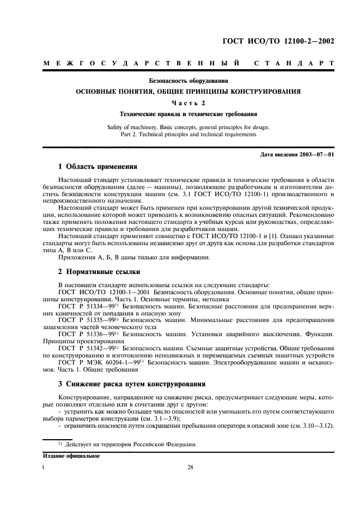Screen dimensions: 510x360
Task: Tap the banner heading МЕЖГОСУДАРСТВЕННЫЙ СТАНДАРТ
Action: coord(188,64)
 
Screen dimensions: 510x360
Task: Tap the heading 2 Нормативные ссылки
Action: coord(99,270)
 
